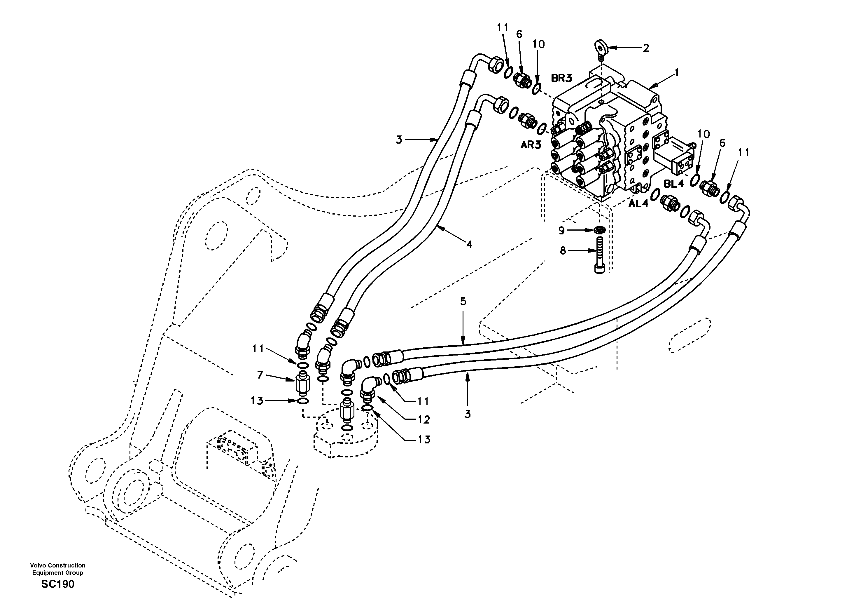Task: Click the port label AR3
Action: [531, 144]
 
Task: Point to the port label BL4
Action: [674, 184]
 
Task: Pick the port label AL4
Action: [638, 203]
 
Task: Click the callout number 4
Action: [469, 245]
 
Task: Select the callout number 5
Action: [463, 302]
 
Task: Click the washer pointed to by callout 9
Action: [599, 230]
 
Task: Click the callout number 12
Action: [424, 420]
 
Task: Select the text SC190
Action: [58, 584]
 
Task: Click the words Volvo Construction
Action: [58, 565]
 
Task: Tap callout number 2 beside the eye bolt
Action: [646, 48]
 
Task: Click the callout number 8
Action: [563, 250]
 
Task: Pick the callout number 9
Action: [561, 230]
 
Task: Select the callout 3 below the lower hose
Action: [468, 414]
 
